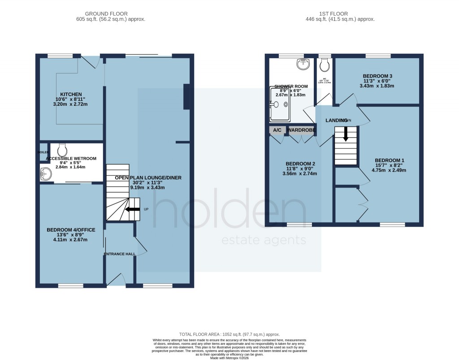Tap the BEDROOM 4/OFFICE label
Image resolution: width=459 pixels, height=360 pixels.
tap(71, 230)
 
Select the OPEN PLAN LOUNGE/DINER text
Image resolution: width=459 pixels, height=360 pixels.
tap(148, 178)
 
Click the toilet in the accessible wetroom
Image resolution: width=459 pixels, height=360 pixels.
tap(62, 148)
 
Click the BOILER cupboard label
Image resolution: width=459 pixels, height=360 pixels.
tap(43, 152)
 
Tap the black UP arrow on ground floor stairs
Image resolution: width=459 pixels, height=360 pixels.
tap(132, 209)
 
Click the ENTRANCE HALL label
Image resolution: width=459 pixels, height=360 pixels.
tap(119, 254)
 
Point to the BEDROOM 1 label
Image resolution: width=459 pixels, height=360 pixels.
tap(390, 160)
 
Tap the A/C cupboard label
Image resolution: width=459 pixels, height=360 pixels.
tap(277, 130)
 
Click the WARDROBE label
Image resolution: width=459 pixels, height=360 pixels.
tap(301, 130)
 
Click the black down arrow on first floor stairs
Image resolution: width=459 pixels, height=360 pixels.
tap(346, 134)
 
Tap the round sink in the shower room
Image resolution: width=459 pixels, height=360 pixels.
tap(303, 65)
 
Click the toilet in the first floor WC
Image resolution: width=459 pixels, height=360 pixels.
tap(324, 65)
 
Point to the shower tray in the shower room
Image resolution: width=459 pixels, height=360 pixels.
tap(280, 104)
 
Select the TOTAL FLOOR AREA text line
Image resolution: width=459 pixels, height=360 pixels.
tap(229, 334)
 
